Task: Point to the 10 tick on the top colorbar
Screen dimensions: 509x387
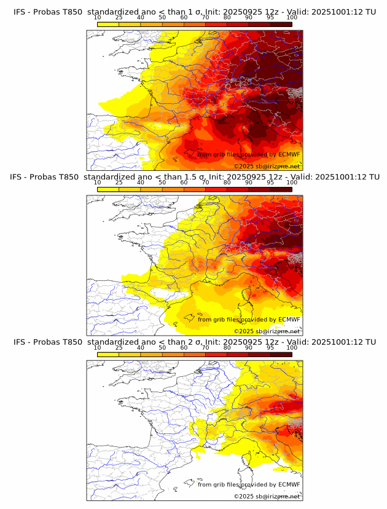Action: (98, 17)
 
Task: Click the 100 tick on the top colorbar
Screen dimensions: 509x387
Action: (292, 17)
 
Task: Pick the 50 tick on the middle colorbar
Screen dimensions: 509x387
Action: (162, 183)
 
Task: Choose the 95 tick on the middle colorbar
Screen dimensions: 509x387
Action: (270, 183)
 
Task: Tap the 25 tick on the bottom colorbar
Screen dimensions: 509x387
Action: (119, 348)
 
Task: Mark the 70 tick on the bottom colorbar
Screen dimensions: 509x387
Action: (206, 348)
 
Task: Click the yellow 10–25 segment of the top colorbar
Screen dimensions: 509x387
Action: (108, 24)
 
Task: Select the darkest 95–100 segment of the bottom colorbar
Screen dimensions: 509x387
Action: (281, 355)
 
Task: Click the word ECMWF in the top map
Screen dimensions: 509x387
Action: (289, 154)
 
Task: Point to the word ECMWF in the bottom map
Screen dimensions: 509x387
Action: (289, 484)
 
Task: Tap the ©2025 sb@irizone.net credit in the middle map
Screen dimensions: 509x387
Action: (267, 331)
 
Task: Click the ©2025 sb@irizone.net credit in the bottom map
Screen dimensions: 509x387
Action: (267, 495)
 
